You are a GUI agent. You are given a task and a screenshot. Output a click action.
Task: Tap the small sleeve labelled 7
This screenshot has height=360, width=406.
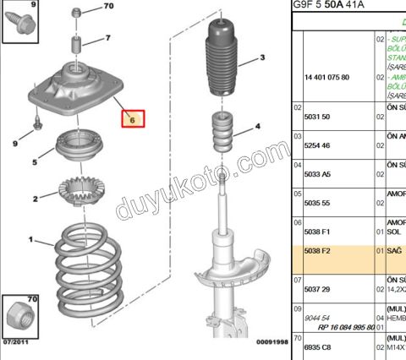pyautogui.click(x=76, y=43)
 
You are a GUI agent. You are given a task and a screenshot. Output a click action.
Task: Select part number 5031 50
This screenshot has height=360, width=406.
pyautogui.click(x=315, y=116)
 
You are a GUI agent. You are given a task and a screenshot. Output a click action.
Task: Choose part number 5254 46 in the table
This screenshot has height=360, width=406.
pyautogui.click(x=316, y=145)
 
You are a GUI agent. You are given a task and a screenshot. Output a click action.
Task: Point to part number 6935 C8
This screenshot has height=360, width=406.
pyautogui.click(x=316, y=346)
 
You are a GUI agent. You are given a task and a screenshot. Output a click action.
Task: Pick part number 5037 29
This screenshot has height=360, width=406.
pyautogui.click(x=316, y=288)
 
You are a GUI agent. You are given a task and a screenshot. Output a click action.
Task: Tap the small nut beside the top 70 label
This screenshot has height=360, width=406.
pyautogui.click(x=77, y=13)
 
